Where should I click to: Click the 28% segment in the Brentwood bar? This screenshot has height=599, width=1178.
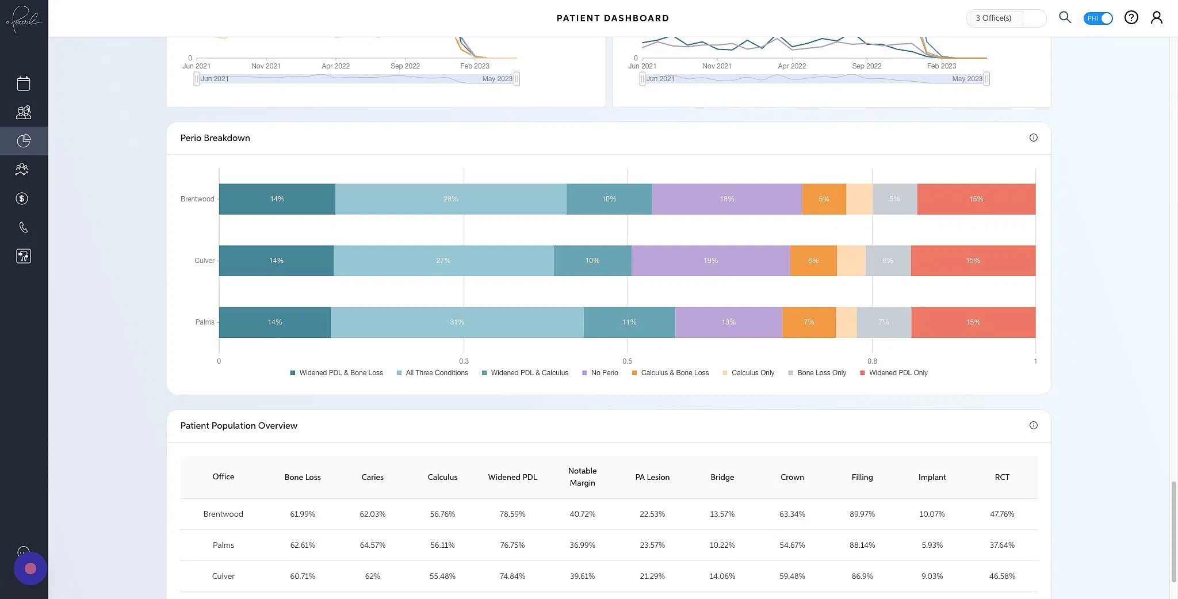(x=450, y=199)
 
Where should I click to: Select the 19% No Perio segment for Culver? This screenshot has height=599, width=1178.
(x=710, y=261)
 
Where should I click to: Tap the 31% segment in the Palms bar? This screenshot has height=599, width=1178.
(x=457, y=322)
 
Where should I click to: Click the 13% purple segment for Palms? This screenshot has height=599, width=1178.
(x=728, y=322)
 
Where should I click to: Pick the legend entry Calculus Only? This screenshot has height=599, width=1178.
(x=752, y=373)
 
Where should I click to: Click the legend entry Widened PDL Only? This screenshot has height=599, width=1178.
(x=898, y=373)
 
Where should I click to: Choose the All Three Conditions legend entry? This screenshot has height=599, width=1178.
(x=437, y=373)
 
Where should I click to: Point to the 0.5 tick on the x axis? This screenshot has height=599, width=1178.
(x=627, y=361)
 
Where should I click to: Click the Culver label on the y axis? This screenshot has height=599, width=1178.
(x=204, y=261)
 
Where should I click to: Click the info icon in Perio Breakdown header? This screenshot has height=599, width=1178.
(x=1033, y=138)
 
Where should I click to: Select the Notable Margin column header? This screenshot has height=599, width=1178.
(x=582, y=477)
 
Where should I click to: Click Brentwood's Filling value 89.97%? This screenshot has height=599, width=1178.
(x=862, y=514)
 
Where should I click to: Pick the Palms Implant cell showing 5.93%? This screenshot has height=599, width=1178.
(x=932, y=545)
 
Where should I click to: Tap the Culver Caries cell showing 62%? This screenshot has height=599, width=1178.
(x=372, y=576)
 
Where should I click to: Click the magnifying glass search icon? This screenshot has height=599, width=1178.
(x=1065, y=17)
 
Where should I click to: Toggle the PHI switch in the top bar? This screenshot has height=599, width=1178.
(x=1098, y=18)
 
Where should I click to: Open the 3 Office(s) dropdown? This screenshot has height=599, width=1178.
(x=1005, y=18)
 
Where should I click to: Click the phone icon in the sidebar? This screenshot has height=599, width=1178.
(x=24, y=227)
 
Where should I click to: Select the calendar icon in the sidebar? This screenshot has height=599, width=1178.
(x=24, y=83)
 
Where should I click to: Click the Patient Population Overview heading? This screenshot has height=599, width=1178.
(x=239, y=426)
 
